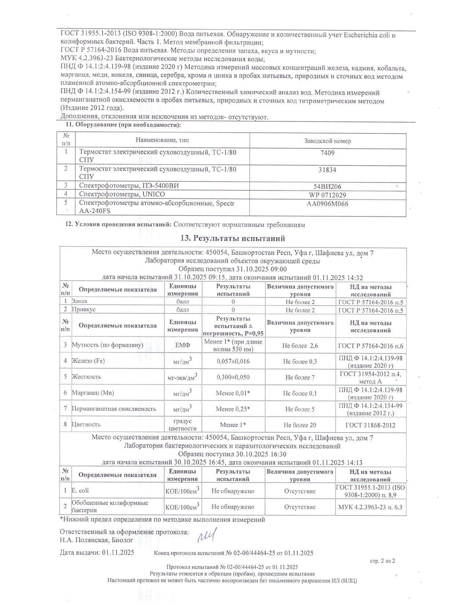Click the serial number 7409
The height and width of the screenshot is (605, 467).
327,153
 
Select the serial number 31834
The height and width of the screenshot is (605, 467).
327,170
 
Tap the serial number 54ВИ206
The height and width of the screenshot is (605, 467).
327,187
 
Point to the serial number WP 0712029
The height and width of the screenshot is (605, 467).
327,195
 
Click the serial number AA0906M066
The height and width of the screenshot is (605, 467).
327,204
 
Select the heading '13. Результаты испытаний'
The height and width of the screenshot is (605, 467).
233,238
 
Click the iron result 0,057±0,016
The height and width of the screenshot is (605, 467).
233,361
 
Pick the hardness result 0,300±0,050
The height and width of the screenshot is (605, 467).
233,377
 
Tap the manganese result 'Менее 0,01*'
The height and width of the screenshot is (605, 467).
233,393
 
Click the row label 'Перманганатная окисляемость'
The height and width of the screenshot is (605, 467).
114,409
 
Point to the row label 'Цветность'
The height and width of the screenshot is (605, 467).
86,425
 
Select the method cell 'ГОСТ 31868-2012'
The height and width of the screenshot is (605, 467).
370,425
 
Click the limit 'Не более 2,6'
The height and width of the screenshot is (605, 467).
300,346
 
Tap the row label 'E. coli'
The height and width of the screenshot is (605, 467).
80,491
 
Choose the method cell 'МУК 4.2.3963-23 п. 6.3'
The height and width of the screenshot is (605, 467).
370,507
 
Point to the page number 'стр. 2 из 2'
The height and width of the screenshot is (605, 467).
382,561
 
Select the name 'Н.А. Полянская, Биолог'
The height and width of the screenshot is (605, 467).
97,540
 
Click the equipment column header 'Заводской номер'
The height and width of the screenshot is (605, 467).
327,141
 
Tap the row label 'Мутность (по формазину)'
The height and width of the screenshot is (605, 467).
107,345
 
